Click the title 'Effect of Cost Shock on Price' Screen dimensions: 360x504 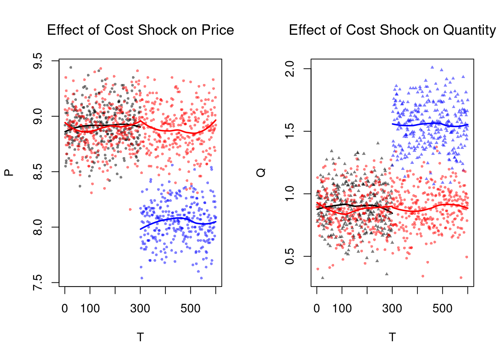[140, 30]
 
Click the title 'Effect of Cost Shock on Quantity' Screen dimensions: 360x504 [392, 30]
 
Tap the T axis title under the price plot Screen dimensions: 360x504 [140, 337]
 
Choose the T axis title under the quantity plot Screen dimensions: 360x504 [392, 337]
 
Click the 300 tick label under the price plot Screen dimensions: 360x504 [140, 309]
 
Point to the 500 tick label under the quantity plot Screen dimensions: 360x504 [442, 309]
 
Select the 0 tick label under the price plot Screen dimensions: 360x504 [65, 309]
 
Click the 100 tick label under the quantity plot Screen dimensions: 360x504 [342, 309]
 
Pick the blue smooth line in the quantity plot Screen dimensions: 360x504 [431, 123]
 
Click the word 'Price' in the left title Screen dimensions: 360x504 [218, 30]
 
